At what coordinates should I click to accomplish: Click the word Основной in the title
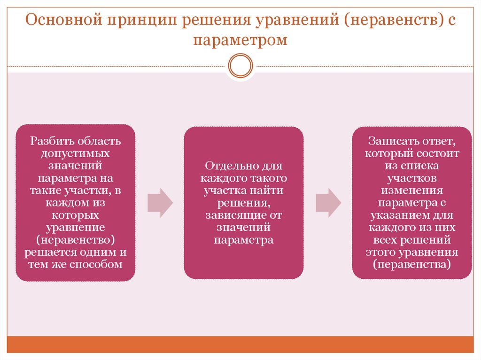click(x=63, y=21)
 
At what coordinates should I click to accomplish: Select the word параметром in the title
click(x=240, y=40)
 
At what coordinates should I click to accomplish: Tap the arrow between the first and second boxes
click(x=160, y=203)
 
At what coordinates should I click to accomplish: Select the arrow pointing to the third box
click(x=328, y=203)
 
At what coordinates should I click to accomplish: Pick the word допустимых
click(x=75, y=153)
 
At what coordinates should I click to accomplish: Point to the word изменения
click(x=411, y=191)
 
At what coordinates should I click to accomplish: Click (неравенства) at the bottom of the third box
click(x=412, y=264)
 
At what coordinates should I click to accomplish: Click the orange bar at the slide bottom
click(x=240, y=344)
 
